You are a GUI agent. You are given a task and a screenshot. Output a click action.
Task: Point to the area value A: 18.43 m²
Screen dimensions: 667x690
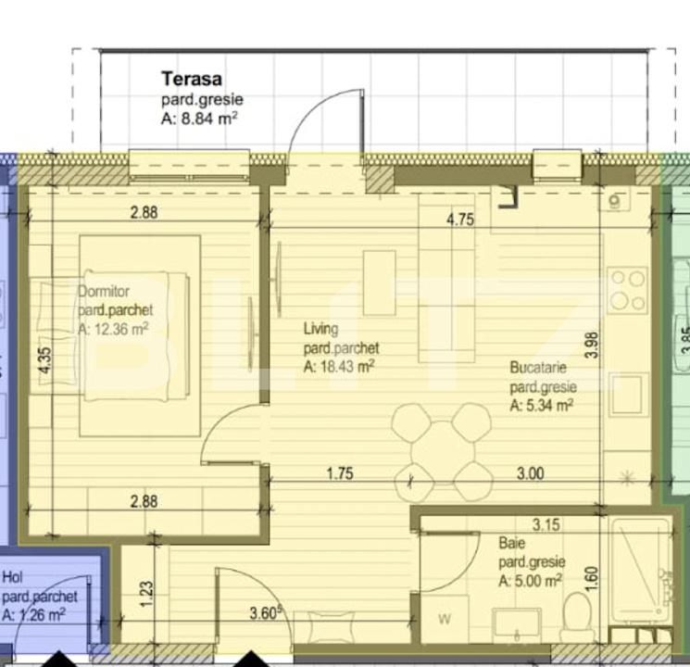(339, 367)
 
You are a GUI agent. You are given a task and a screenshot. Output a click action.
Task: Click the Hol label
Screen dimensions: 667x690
(12, 577)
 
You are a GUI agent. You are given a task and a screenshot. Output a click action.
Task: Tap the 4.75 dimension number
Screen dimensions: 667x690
(460, 220)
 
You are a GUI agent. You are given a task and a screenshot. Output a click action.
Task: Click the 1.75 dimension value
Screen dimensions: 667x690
(341, 473)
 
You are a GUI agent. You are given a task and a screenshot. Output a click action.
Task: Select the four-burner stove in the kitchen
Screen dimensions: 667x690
(627, 290)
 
